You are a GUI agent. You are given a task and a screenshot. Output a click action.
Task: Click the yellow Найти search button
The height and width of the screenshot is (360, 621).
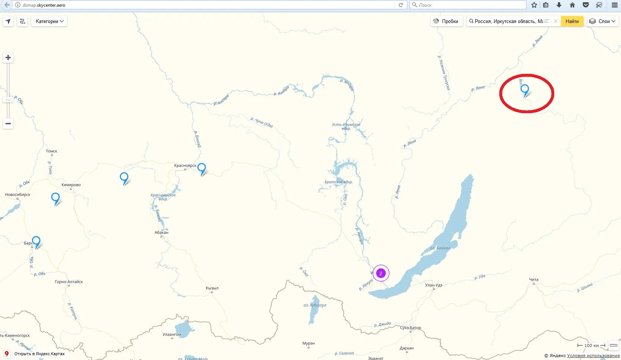click(x=572, y=21)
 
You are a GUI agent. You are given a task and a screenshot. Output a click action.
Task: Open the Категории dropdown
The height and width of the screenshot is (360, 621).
click(x=49, y=21)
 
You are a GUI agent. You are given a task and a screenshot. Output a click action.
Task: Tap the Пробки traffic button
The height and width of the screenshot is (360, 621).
click(x=446, y=21)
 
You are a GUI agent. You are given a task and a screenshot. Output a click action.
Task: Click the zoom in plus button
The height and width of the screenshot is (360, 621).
click(x=8, y=58)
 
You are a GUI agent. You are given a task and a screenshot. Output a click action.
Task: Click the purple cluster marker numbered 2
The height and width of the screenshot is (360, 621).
click(x=381, y=274)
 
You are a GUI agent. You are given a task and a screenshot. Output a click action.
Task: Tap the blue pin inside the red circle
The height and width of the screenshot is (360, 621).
click(x=525, y=89)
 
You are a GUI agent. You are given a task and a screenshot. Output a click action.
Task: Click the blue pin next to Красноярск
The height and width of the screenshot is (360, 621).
click(x=201, y=168)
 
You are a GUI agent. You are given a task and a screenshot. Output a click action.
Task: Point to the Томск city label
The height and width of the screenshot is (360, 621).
click(x=52, y=151)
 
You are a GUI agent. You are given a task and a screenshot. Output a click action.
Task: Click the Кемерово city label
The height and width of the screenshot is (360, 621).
click(x=71, y=185)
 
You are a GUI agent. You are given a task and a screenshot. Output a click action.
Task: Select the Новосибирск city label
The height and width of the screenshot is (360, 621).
click(x=17, y=194)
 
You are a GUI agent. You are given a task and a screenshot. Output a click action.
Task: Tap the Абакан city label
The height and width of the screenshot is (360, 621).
click(x=161, y=232)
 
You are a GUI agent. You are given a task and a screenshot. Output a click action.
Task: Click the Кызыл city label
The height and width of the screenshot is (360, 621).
click(x=212, y=288)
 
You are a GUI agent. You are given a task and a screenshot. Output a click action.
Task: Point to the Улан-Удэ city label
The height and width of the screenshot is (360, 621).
click(x=433, y=285)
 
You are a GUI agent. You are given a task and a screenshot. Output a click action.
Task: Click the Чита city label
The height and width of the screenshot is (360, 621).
click(x=533, y=279)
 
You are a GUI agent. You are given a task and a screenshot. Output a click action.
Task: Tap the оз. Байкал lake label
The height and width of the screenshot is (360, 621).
click(x=440, y=248)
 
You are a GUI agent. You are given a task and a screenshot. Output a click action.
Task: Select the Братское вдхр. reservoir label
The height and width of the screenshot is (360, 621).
click(x=338, y=182)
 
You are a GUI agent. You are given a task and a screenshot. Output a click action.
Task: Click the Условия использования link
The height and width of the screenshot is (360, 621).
click(x=593, y=356)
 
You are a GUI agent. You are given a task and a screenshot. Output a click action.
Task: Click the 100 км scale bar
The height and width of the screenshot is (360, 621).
click(x=591, y=346)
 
